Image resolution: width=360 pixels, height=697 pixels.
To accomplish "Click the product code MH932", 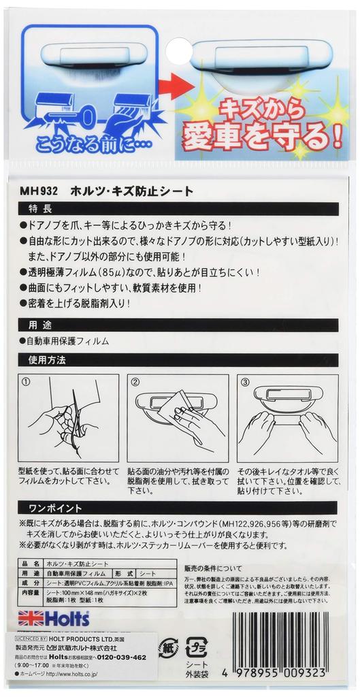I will (x=43, y=193).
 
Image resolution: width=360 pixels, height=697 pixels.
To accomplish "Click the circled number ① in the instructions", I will (x=27, y=382).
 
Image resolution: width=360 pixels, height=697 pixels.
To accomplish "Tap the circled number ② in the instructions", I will (x=135, y=382).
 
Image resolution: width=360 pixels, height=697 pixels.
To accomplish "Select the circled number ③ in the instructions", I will (x=245, y=382).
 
